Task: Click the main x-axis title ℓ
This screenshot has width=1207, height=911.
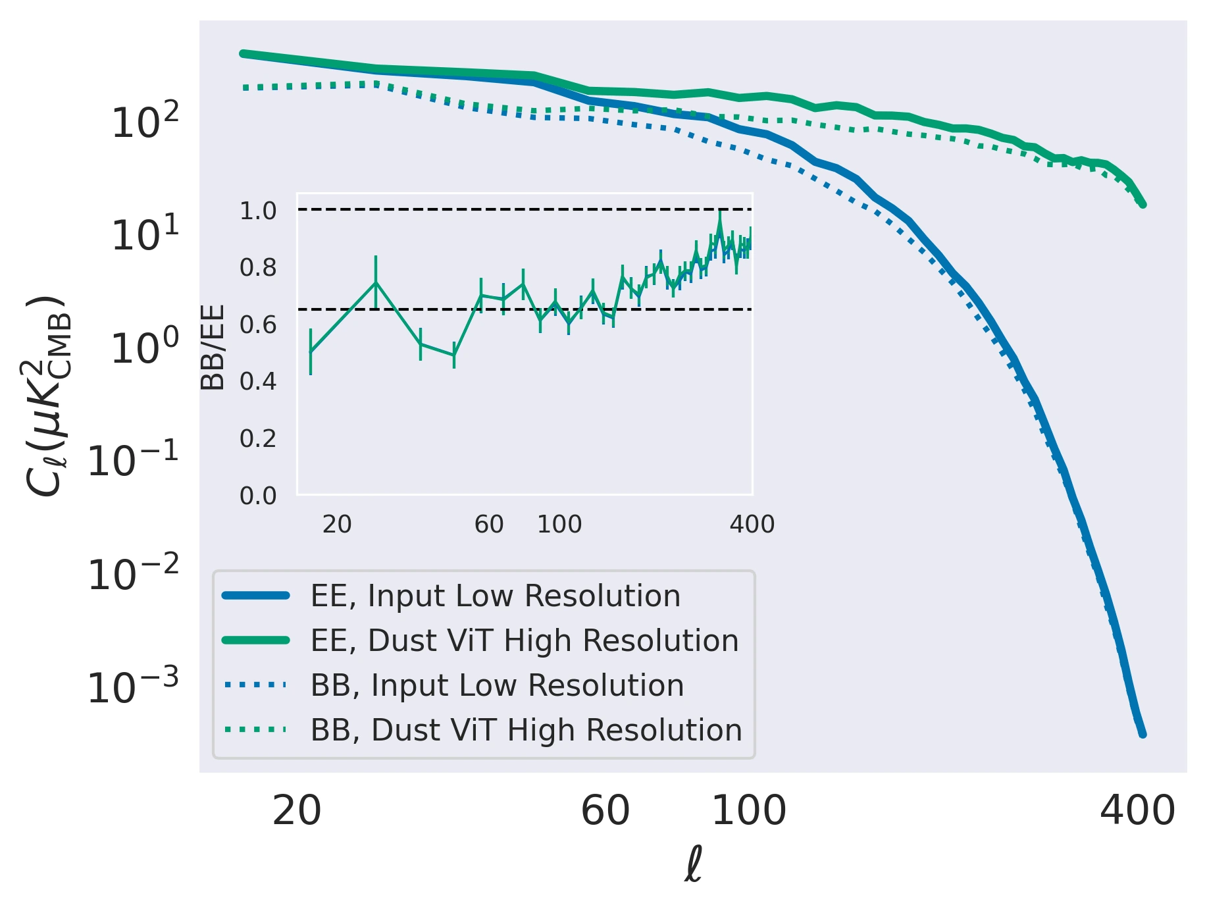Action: tap(693, 864)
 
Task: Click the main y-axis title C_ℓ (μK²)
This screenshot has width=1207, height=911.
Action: tap(46, 396)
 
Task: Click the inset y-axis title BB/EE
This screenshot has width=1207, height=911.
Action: tap(213, 347)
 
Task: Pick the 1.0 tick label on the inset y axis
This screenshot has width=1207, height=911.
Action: tap(258, 211)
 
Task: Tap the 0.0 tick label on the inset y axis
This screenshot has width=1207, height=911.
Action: tap(258, 495)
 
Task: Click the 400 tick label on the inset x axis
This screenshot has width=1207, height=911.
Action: tap(752, 525)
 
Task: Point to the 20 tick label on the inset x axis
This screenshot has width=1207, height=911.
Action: tap(337, 525)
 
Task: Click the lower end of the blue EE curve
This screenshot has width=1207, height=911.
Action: tap(1143, 734)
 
